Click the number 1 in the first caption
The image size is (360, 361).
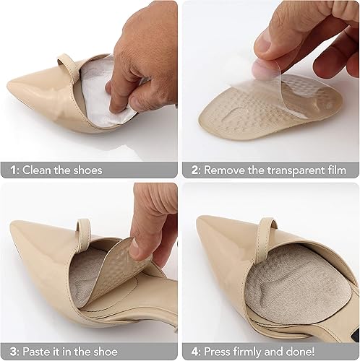coord(12,170)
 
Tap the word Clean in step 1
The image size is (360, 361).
coord(39,170)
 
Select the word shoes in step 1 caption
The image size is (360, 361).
coord(87,170)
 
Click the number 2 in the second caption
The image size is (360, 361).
coord(194,170)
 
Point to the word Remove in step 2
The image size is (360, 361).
coord(226,170)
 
